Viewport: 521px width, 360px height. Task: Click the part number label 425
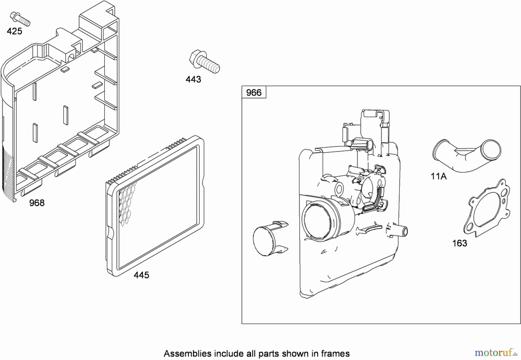pyautogui.click(x=14, y=31)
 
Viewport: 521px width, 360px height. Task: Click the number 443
pyautogui.click(x=193, y=79)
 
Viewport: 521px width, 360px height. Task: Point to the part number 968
pyautogui.click(x=37, y=203)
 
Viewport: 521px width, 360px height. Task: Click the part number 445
pyautogui.click(x=141, y=275)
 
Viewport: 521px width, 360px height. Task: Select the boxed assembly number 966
pyautogui.click(x=254, y=93)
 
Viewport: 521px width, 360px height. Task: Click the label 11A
pyautogui.click(x=439, y=176)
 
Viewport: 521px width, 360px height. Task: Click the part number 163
pyautogui.click(x=460, y=243)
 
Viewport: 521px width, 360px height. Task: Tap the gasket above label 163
pyautogui.click(x=487, y=208)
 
